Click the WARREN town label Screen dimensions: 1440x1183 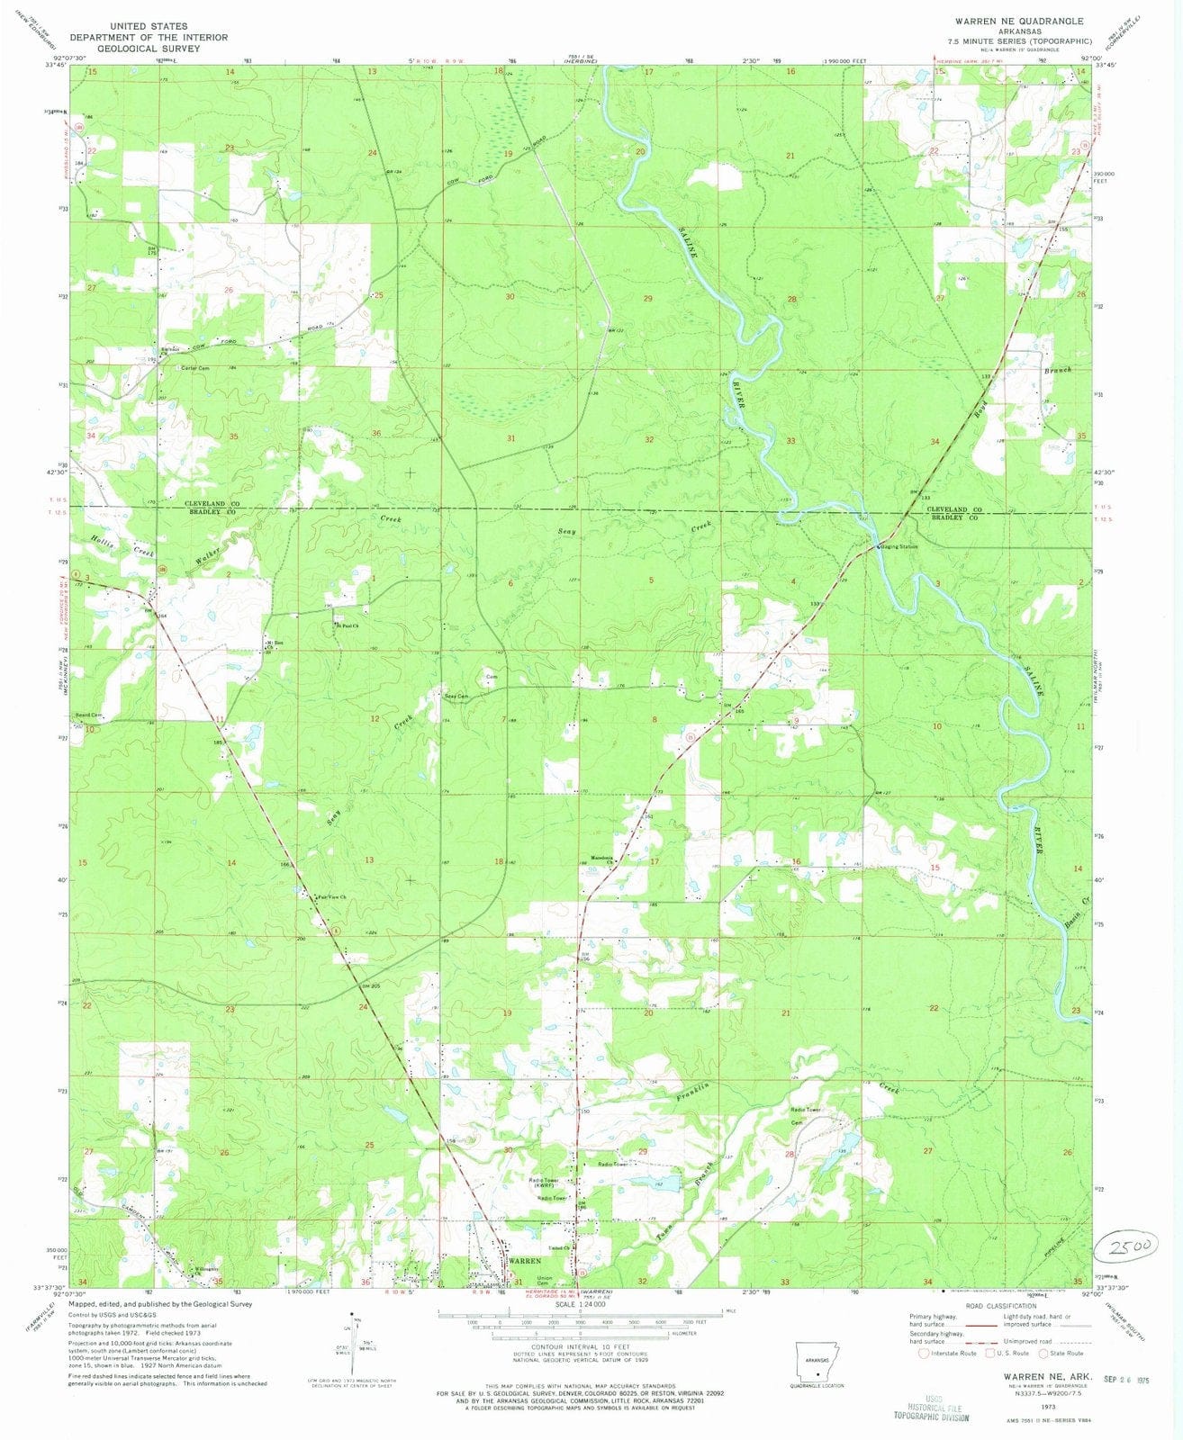[525, 1261]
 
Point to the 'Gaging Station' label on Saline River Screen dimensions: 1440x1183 [899, 546]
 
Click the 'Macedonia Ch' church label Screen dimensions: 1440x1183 [601, 859]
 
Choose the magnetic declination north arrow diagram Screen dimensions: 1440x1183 [355, 1341]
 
